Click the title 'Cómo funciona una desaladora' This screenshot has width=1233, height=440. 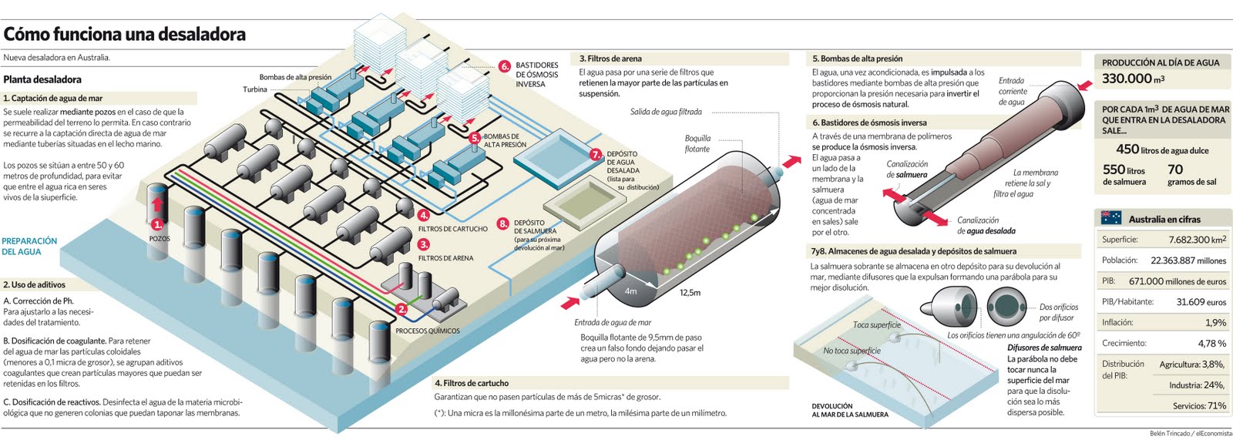coord(125,34)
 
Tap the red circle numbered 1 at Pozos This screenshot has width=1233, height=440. coord(157,224)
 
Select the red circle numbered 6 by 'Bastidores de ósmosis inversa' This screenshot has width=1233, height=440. coord(505,66)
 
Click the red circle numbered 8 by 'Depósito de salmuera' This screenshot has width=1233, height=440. coord(502,223)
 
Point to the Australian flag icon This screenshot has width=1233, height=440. coord(1110,219)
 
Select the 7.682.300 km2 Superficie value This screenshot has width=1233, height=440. coord(1197,240)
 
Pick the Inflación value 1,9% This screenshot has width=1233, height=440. coord(1215,322)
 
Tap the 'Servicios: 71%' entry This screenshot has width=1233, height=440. coord(1199,405)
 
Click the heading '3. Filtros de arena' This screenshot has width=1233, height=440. coord(610,59)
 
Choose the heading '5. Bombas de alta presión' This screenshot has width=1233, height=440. coord(856,59)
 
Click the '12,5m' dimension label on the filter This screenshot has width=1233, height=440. coord(690,293)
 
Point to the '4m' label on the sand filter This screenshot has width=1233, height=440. coord(630,291)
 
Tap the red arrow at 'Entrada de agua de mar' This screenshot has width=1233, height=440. coord(569,301)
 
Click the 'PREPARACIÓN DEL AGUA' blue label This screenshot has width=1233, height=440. coord(29,246)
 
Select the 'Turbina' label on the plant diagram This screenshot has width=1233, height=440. coord(255,89)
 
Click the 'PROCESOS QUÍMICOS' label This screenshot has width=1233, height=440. coord(427,331)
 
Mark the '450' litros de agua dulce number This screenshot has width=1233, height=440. coord(1127,149)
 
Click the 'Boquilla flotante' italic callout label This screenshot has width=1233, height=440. coord(697,143)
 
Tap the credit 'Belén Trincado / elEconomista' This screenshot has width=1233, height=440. coord(1190,433)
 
